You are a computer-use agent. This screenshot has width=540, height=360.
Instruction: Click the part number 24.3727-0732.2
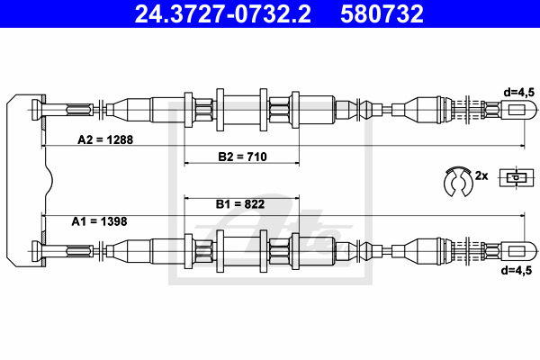point(223,13)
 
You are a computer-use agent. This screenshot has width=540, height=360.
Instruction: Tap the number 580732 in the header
point(382,13)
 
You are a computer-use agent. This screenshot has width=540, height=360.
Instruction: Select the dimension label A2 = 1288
point(105,139)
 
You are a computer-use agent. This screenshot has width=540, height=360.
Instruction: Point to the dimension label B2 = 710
point(242,157)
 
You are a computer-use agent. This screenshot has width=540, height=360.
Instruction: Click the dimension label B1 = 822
point(240,204)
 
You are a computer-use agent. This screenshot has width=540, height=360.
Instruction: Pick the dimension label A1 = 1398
point(99,221)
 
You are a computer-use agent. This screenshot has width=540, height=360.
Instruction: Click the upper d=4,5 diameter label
point(519,92)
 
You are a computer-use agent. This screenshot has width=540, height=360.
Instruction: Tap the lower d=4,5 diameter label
point(517,270)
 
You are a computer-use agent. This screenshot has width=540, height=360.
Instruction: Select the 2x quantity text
point(481,175)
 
